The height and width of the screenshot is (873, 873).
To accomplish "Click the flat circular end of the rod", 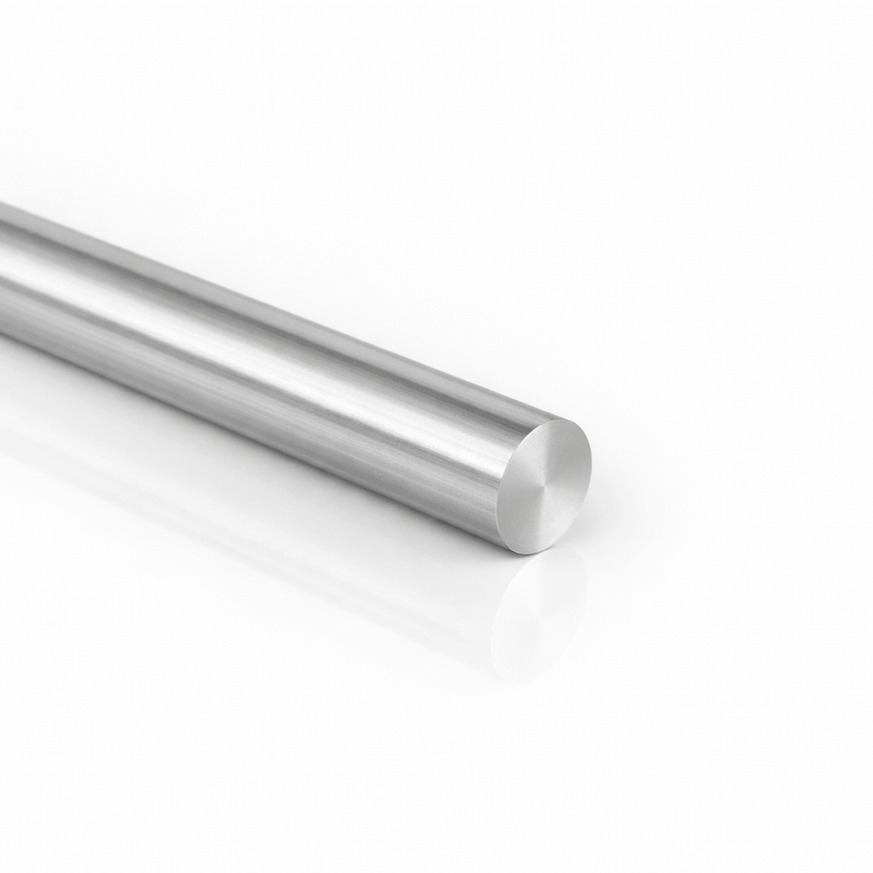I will [545, 485].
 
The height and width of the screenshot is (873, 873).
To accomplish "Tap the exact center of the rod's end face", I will [545, 485].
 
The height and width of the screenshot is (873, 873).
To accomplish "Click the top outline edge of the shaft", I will [256, 294].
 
